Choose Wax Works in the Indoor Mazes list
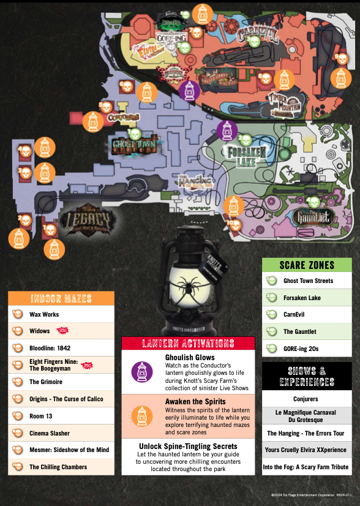[43, 314]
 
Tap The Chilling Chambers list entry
[58, 467]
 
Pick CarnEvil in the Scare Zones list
[294, 315]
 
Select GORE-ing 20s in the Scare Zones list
[300, 349]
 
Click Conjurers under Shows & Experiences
[306, 399]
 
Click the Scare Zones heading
[307, 265]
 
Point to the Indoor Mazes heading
[61, 299]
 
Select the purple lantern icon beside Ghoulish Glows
[141, 371]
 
